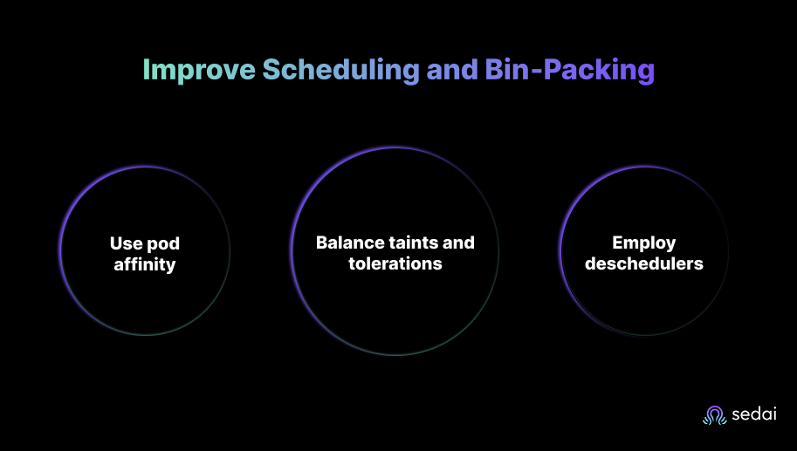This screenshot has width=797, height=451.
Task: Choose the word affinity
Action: click(x=144, y=264)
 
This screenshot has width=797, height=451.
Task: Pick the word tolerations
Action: click(x=395, y=263)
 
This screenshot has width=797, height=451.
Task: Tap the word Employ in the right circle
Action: click(x=644, y=243)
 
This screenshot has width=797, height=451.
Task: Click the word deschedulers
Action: click(x=644, y=263)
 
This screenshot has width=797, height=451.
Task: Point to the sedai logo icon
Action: click(x=714, y=415)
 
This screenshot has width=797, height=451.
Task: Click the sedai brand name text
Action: click(x=754, y=415)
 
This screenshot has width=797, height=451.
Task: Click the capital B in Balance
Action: click(x=321, y=243)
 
